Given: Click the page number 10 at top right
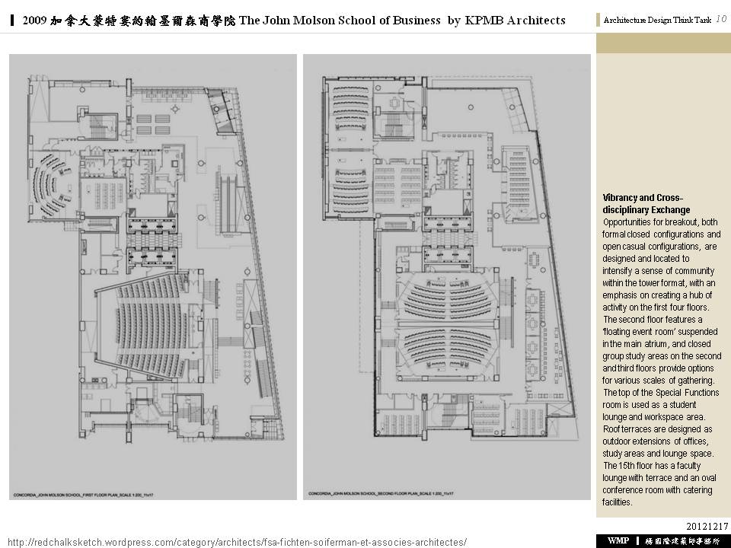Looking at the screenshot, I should [x=720, y=19].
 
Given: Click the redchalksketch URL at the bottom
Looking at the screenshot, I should [x=236, y=542].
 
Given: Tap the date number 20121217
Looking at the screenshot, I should [x=707, y=526].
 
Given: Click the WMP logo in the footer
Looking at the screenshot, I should [x=618, y=540].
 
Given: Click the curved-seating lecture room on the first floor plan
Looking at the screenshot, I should [x=49, y=186].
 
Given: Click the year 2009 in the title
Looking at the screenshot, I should [x=37, y=21].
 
